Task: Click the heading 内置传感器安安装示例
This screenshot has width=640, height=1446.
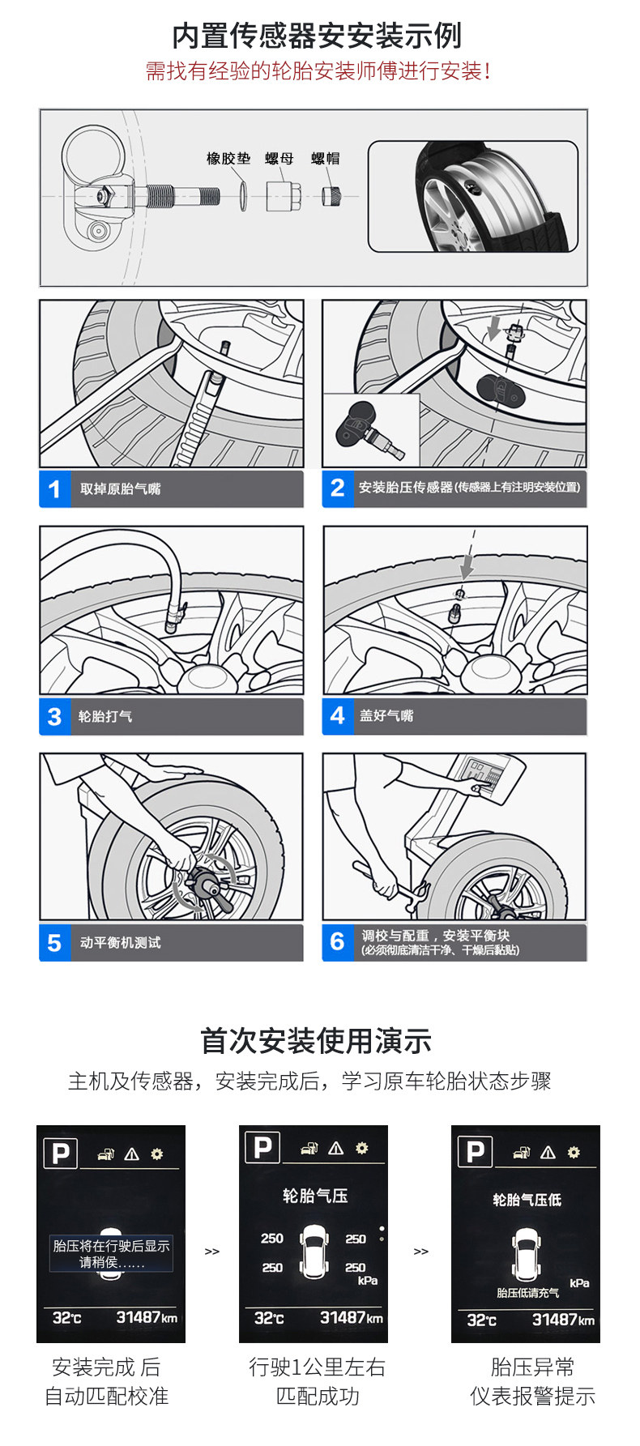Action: coord(317,36)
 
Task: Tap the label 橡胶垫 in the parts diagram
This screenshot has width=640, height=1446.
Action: coord(228,159)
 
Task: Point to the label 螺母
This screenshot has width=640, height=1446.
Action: coord(279,159)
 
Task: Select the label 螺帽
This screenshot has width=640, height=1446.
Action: coord(326,159)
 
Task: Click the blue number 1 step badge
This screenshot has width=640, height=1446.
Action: coord(55,489)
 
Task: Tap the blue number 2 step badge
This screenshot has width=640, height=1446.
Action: coord(338,488)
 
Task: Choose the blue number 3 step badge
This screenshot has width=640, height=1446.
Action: coord(55,717)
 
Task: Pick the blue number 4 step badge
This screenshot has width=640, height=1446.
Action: coord(338,716)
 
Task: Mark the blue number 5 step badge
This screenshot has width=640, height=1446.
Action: coord(55,943)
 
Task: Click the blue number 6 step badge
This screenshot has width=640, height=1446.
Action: coord(338,942)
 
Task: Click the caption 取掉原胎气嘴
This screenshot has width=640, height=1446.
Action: coord(120,489)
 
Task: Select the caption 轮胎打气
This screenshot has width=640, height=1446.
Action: coord(105,717)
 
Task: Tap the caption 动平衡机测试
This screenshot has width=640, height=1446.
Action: coord(120,943)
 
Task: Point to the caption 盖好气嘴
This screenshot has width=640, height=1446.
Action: coord(386,716)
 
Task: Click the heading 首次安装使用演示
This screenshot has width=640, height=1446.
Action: coord(316,1041)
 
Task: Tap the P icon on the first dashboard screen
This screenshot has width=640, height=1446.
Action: coord(61,1153)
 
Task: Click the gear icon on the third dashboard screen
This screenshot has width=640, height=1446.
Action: coord(574,1152)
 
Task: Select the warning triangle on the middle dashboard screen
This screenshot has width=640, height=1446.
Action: coord(336,1148)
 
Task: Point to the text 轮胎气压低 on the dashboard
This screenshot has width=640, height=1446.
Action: coord(527,1200)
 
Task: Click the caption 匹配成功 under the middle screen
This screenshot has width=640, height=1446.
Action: coord(318,1397)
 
